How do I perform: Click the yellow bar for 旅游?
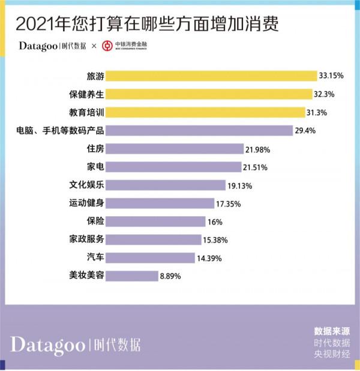tap(212, 76)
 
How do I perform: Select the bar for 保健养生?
tap(209, 94)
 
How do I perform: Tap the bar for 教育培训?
tap(206, 112)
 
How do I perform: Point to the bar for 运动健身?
tap(161, 204)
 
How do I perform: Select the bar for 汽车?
tap(153, 258)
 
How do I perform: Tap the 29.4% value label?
tap(319, 130)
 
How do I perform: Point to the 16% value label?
tap(215, 222)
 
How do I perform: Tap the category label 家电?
tap(96, 167)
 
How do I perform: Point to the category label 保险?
tap(96, 222)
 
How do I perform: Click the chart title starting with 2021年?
tap(147, 25)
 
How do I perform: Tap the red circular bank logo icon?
tap(107, 46)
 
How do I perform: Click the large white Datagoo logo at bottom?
tap(76, 345)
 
